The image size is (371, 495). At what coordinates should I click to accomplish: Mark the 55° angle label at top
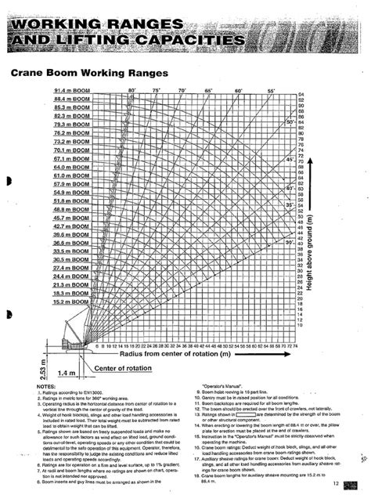pos(272,92)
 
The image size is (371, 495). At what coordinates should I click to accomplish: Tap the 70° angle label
pos(182,91)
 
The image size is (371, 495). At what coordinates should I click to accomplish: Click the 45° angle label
pos(290,160)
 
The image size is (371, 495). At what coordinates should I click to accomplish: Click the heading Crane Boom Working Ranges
pos(89,72)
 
